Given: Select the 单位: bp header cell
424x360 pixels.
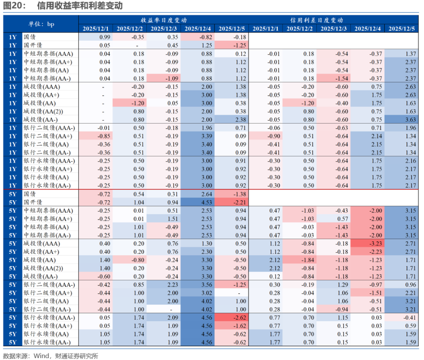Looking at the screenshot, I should (41, 24).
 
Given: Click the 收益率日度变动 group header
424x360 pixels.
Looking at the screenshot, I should (164, 20).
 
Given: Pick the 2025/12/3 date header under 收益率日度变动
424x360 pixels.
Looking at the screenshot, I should (164, 28).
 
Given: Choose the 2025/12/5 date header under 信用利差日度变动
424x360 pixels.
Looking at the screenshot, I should (402, 28).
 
